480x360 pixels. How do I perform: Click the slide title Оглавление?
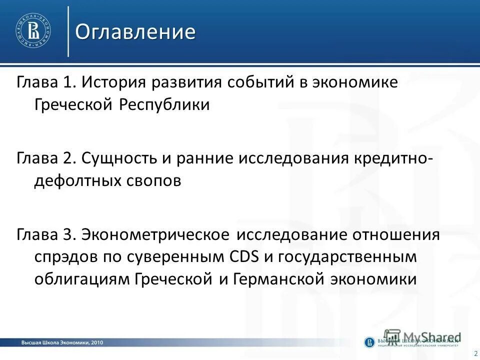(135, 32)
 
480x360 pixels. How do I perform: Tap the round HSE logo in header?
(33, 31)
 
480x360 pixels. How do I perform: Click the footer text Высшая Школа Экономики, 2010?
(62, 342)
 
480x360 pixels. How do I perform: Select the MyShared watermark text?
(430, 336)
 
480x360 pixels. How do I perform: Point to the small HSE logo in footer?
(369, 342)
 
